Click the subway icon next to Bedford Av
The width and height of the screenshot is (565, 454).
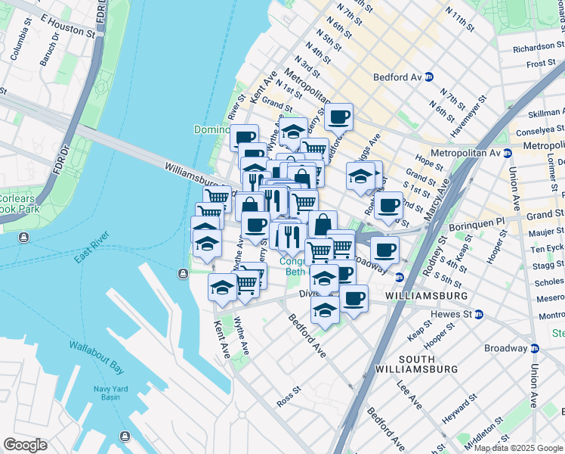tap(428, 77)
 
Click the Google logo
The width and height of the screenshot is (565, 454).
tap(25, 445)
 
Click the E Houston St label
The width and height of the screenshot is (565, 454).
tap(67, 26)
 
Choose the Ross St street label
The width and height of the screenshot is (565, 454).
tap(289, 398)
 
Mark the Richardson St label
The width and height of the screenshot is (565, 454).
tap(533, 47)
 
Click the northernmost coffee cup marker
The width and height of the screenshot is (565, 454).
tap(340, 117)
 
